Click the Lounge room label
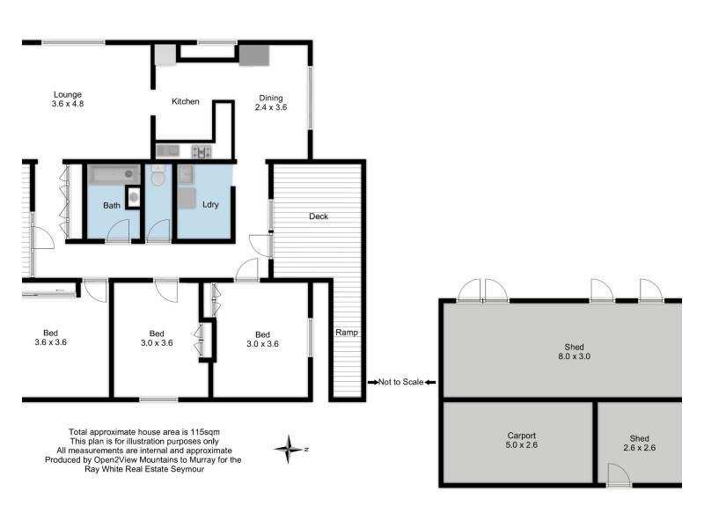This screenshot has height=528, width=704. [67, 99]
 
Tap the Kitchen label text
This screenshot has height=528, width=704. [186, 102]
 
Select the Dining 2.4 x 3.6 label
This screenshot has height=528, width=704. [271, 103]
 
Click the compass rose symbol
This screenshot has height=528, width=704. [288, 449]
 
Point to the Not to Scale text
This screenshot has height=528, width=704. [400, 382]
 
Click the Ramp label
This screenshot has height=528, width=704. [345, 333]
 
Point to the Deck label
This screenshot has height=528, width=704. [318, 216]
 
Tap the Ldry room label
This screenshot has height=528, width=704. [209, 204]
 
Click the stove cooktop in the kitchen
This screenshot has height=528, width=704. [202, 151]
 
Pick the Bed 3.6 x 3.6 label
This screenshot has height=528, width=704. [51, 338]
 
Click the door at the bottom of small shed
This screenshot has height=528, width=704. [620, 476]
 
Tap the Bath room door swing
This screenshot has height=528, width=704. [116, 231]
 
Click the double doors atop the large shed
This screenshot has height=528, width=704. [484, 290]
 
